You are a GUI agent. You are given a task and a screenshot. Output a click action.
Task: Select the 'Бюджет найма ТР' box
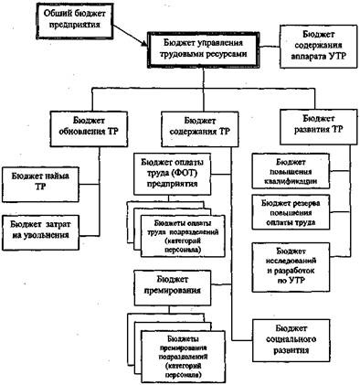coord(40,179)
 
